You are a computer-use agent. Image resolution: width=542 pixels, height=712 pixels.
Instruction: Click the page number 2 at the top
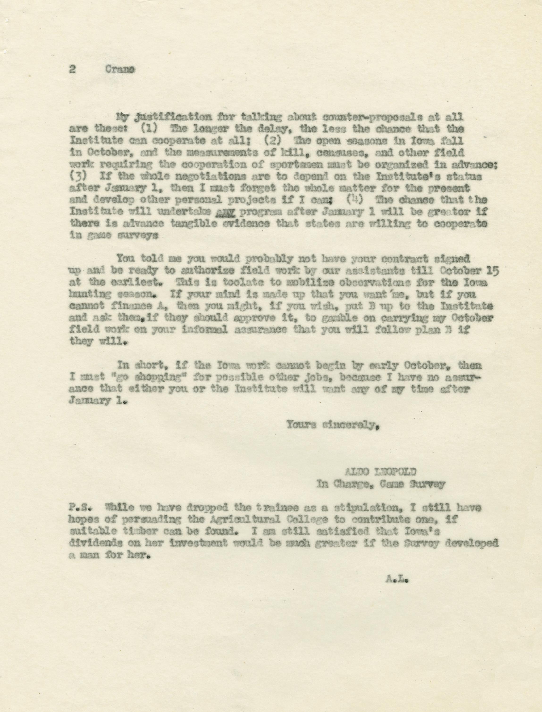point(72,70)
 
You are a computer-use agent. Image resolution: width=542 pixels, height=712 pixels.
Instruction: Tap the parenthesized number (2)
point(273,141)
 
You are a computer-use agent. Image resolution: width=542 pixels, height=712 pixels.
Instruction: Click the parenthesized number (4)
point(357,200)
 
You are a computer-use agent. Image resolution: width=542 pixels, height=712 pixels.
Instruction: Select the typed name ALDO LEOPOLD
point(381,472)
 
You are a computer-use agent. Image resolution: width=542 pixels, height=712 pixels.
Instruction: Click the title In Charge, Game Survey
point(381,484)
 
